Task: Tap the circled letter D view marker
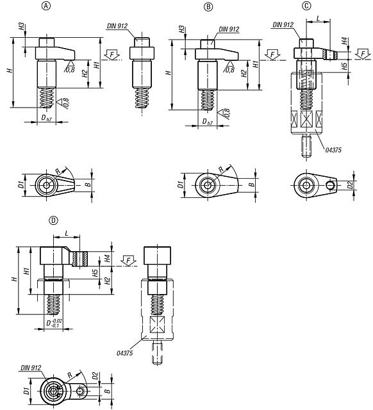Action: tap(54, 219)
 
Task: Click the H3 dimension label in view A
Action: tap(22, 28)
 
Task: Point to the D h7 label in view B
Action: tap(206, 122)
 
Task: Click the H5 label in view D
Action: tap(95, 273)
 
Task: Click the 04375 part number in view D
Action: tap(125, 352)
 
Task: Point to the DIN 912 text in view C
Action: tap(282, 25)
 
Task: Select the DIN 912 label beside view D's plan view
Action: tap(29, 368)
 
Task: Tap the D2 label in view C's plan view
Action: tap(351, 185)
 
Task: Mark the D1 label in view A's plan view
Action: tap(21, 185)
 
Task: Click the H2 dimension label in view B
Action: tap(244, 73)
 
